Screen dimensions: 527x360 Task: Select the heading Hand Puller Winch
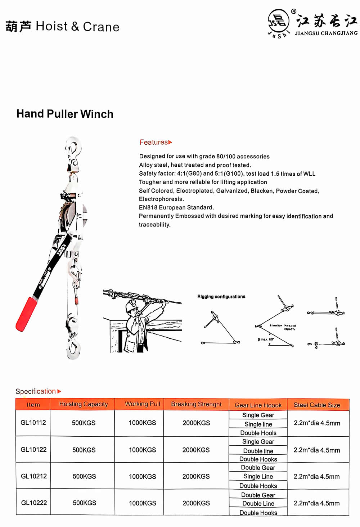[x=65, y=114]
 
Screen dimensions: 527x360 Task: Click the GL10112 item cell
[x=33, y=423]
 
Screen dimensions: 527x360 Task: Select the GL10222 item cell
[x=34, y=503]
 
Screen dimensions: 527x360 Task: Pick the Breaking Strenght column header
[x=196, y=404]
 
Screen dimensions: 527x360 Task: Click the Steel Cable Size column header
[x=317, y=405]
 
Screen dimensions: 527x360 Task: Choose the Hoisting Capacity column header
[x=84, y=404]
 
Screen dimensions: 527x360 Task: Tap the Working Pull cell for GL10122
[x=143, y=450]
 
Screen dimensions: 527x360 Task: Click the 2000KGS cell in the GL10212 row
[x=196, y=476]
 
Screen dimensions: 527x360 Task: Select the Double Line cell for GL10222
[x=258, y=504]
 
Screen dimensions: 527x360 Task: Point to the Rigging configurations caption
[x=221, y=297]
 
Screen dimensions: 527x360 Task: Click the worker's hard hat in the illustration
[x=131, y=306]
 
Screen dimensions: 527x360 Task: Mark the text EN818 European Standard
[x=176, y=208]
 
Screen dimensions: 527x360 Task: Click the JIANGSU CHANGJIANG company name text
[x=326, y=33]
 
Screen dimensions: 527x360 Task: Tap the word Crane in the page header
[x=101, y=27]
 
